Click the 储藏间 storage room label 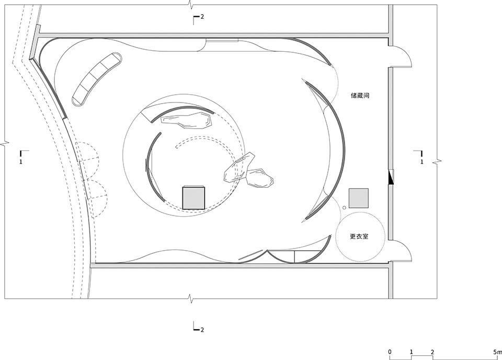pyautogui.click(x=360, y=96)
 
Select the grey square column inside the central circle pyautogui.click(x=193, y=197)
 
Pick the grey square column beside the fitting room pyautogui.click(x=359, y=198)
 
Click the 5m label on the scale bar pyautogui.click(x=496, y=351)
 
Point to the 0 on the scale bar pyautogui.click(x=390, y=351)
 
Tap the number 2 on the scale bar pyautogui.click(x=432, y=351)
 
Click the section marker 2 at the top pyautogui.click(x=201, y=17)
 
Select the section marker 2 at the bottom pyautogui.click(x=201, y=330)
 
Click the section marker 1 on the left pyautogui.click(x=20, y=162)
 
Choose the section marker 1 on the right pyautogui.click(x=421, y=162)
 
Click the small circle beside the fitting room pyautogui.click(x=345, y=208)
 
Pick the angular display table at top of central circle pyautogui.click(x=187, y=120)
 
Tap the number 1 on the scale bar pyautogui.click(x=412, y=351)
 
